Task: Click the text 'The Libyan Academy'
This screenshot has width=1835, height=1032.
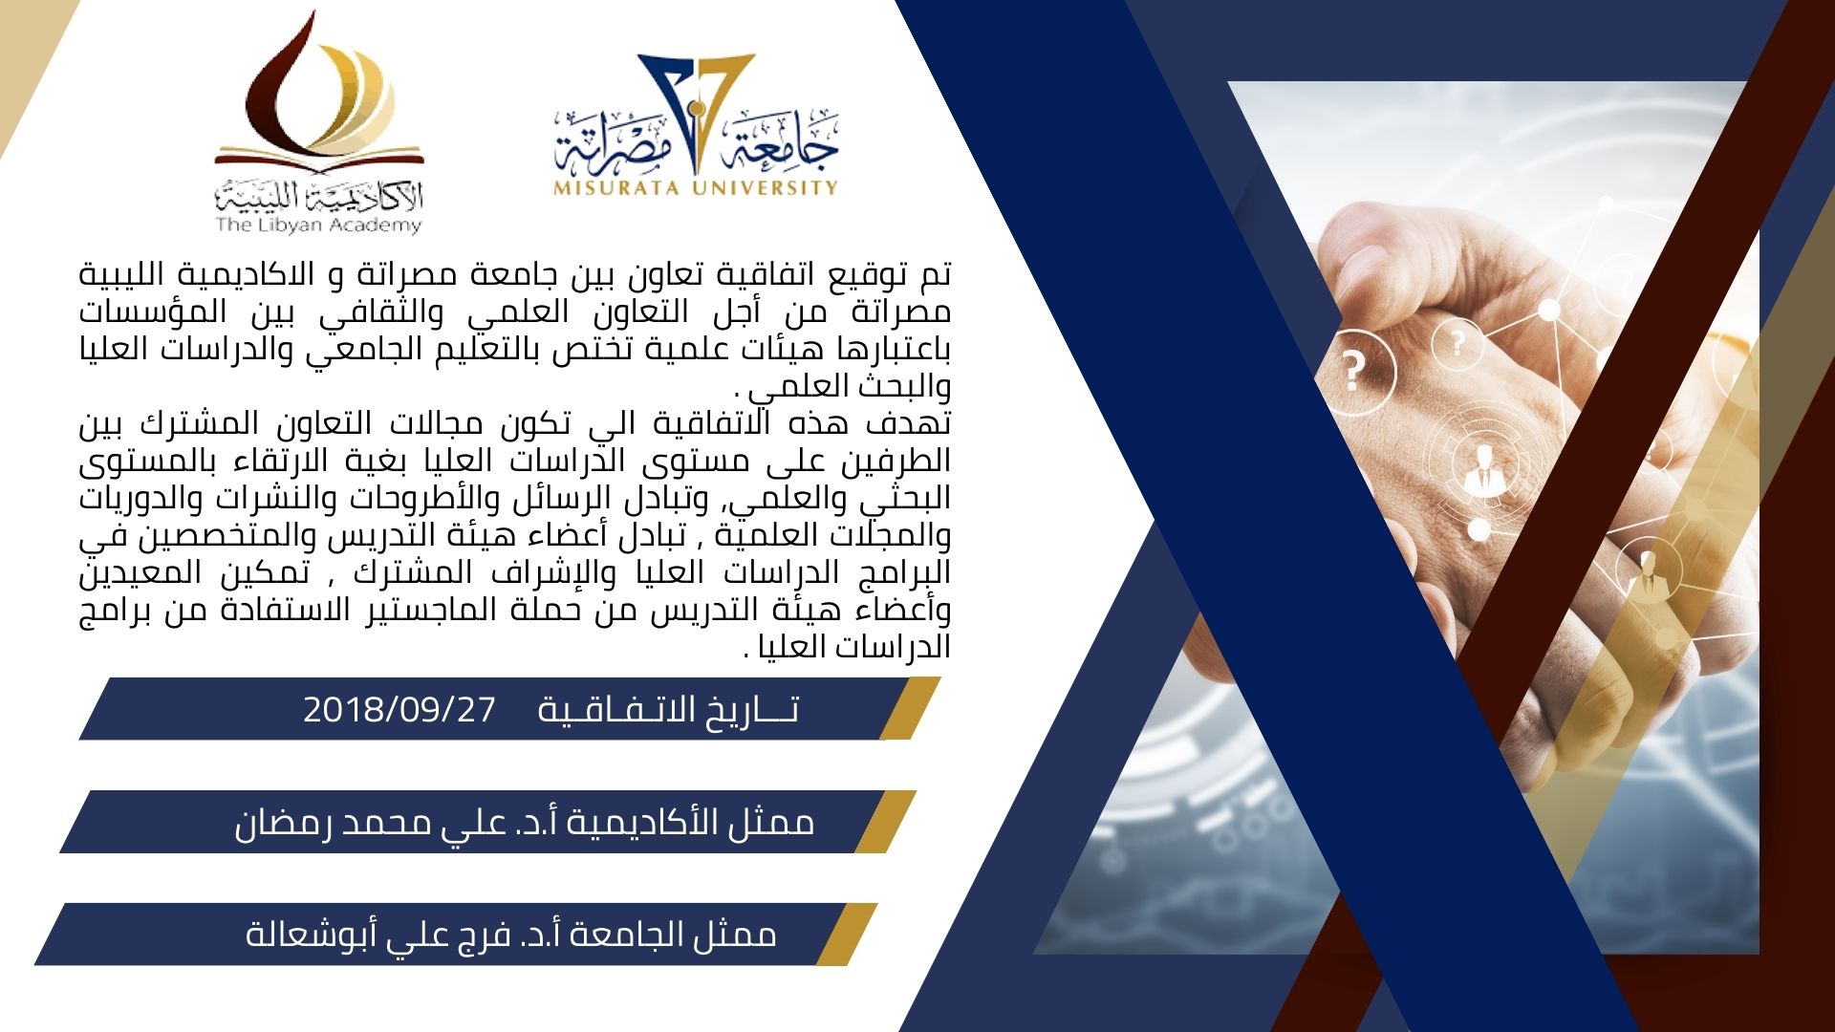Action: tap(318, 226)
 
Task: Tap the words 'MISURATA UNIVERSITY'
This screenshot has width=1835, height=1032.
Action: tap(695, 187)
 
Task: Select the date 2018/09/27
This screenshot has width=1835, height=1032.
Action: tap(399, 709)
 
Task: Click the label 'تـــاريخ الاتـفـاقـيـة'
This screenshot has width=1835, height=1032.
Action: tap(668, 710)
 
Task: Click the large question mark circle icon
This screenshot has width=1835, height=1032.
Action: tap(1353, 371)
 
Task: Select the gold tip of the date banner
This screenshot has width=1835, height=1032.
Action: tap(909, 708)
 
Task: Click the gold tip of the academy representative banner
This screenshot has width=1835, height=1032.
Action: tap(885, 822)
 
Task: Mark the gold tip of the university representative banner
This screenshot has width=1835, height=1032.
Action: tap(846, 934)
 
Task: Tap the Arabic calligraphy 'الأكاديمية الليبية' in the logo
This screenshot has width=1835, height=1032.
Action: tap(318, 197)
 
